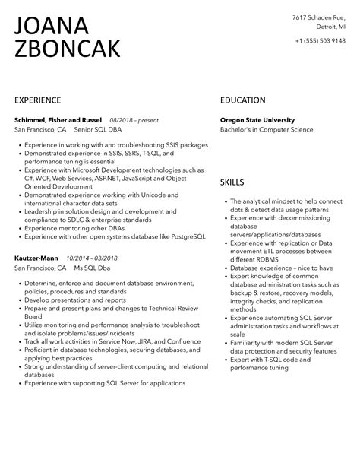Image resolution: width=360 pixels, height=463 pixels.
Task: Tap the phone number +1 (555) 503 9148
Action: [318, 40]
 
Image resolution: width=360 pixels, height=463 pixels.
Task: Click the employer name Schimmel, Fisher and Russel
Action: [58, 120]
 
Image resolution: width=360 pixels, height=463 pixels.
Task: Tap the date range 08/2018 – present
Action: [134, 120]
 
